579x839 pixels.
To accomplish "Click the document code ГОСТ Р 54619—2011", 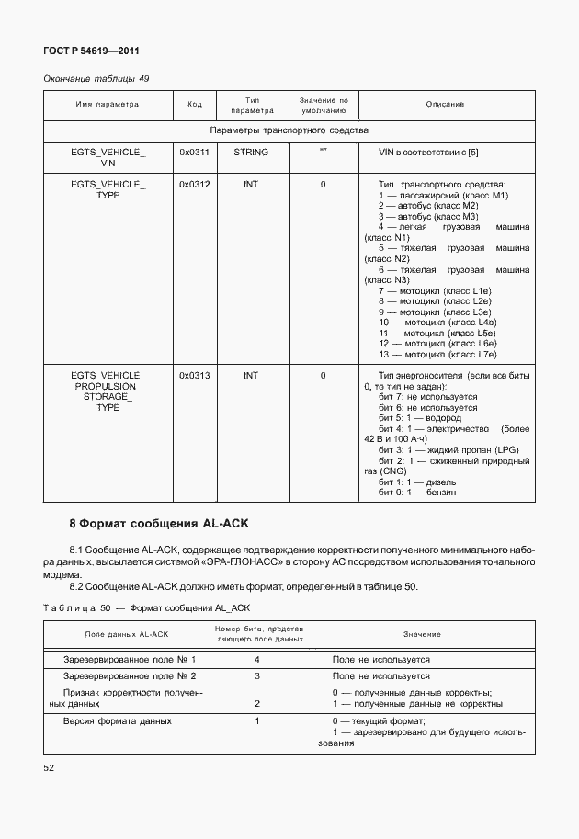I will tap(91, 51).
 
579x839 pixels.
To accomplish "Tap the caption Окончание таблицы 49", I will tap(96, 78).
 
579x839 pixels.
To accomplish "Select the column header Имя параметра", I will tap(108, 105).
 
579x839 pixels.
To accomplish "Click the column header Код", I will tap(194, 105).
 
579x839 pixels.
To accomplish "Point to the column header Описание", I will tap(445, 105).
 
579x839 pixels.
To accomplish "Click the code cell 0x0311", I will tap(194, 150).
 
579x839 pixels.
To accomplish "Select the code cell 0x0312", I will tap(194, 185).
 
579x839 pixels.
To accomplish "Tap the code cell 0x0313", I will tap(194, 375).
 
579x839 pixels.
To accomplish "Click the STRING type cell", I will tap(251, 150).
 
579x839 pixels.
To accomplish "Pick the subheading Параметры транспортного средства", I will tap(289, 130).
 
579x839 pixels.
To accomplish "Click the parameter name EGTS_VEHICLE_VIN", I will tap(108, 156).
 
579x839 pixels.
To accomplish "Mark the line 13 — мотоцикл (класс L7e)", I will tap(437, 354).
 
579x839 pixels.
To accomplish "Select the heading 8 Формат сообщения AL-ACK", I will tap(160, 524).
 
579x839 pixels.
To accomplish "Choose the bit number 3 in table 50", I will tap(257, 675).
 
